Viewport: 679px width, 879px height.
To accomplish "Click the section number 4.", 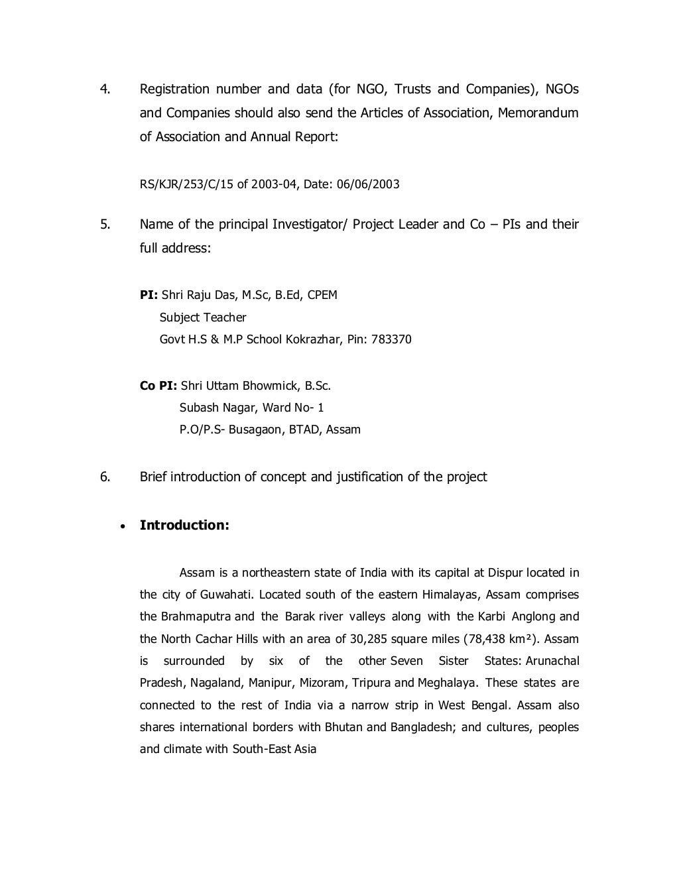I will tap(104, 89).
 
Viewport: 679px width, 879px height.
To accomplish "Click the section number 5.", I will tap(104, 224).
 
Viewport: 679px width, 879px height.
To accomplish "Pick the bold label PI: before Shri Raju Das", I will tap(149, 295).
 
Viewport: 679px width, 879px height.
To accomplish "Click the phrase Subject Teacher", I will tap(203, 318).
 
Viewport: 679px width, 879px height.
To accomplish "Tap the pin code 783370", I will tap(391, 339).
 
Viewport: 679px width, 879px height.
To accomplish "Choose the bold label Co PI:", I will tap(158, 386).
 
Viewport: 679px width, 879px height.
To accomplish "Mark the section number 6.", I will tap(104, 477).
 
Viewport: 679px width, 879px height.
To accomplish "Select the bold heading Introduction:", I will tap(184, 525).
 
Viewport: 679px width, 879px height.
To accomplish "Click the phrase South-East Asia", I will tap(275, 749).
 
